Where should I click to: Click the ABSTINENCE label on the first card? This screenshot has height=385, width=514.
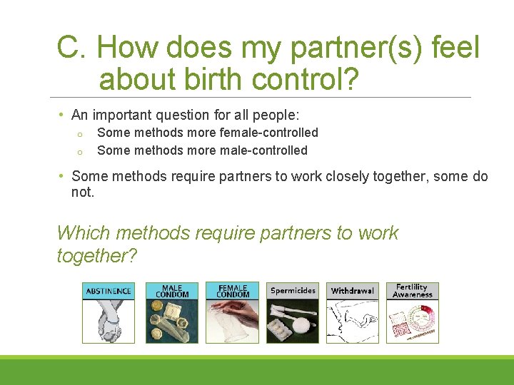(x=109, y=291)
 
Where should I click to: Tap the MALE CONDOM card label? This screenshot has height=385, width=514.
(x=172, y=291)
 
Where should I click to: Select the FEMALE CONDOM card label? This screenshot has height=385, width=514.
(x=233, y=291)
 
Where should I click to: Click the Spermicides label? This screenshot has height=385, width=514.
(x=293, y=291)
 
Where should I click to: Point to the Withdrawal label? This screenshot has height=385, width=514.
(x=353, y=291)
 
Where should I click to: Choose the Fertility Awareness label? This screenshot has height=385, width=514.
(x=413, y=291)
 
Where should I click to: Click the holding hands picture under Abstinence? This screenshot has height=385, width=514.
(x=109, y=321)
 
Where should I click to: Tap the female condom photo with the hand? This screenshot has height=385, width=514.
(x=233, y=321)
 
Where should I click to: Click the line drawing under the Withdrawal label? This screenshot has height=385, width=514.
(x=353, y=321)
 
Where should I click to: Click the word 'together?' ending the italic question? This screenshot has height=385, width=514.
(x=96, y=255)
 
